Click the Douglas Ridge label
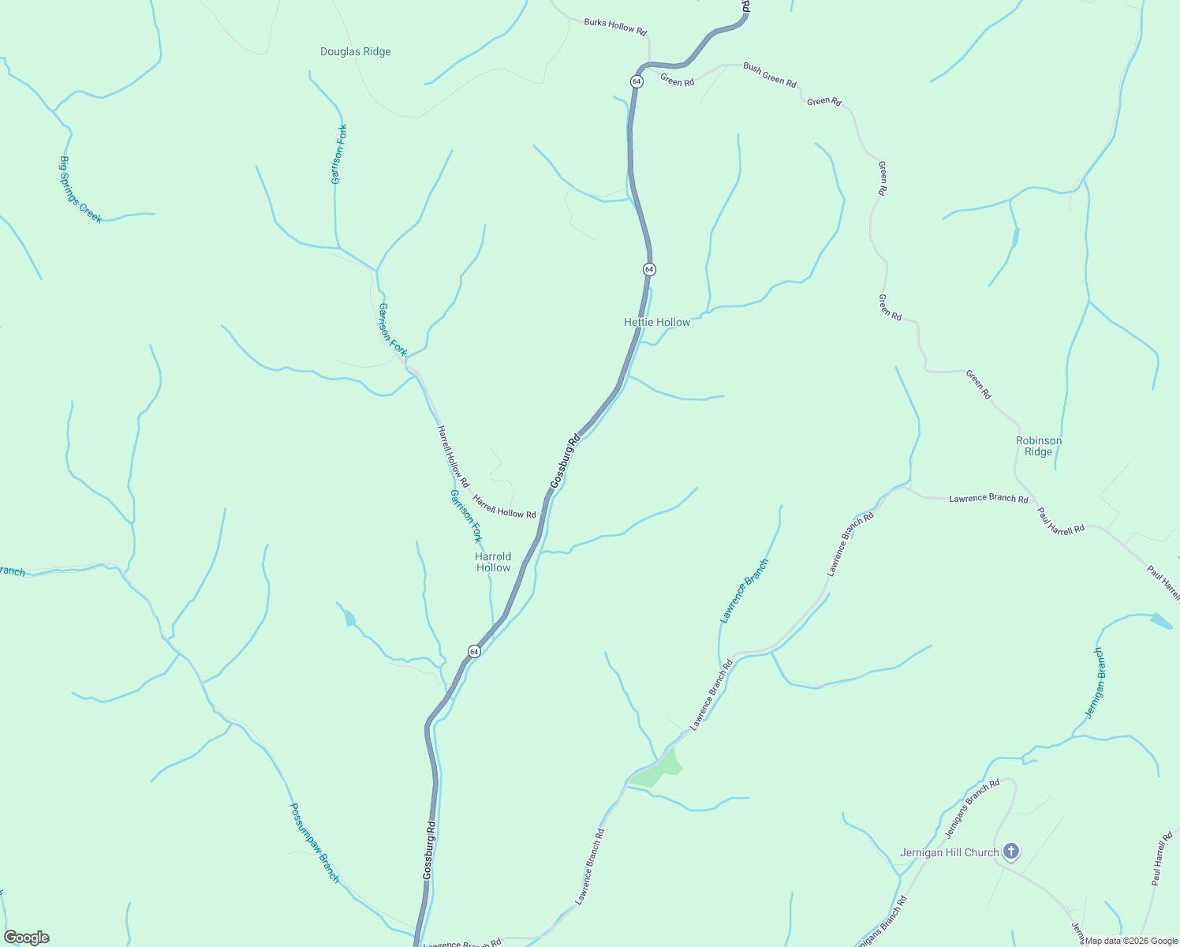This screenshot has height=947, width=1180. click(355, 52)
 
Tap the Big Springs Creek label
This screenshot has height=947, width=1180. click(80, 189)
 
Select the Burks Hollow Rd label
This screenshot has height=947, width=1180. click(615, 27)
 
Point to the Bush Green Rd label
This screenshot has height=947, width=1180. click(769, 75)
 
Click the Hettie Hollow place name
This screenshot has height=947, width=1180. click(657, 322)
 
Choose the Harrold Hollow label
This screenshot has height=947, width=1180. click(493, 562)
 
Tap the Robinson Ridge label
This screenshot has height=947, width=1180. click(1038, 446)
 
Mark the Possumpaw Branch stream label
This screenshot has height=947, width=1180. click(315, 843)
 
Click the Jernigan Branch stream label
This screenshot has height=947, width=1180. click(1094, 683)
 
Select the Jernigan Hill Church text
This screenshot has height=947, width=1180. click(950, 852)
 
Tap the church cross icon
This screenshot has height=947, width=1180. click(1011, 852)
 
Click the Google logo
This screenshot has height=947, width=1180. click(27, 938)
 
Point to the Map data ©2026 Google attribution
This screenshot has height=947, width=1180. click(1130, 941)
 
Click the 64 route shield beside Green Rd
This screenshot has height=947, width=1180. click(637, 81)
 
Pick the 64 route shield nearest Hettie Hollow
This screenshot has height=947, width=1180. click(648, 269)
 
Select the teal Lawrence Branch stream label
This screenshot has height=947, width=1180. click(744, 591)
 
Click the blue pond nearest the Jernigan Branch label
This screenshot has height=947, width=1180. click(1160, 621)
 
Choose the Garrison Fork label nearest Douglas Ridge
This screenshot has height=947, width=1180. click(339, 154)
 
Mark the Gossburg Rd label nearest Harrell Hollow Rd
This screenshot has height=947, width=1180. click(565, 461)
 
